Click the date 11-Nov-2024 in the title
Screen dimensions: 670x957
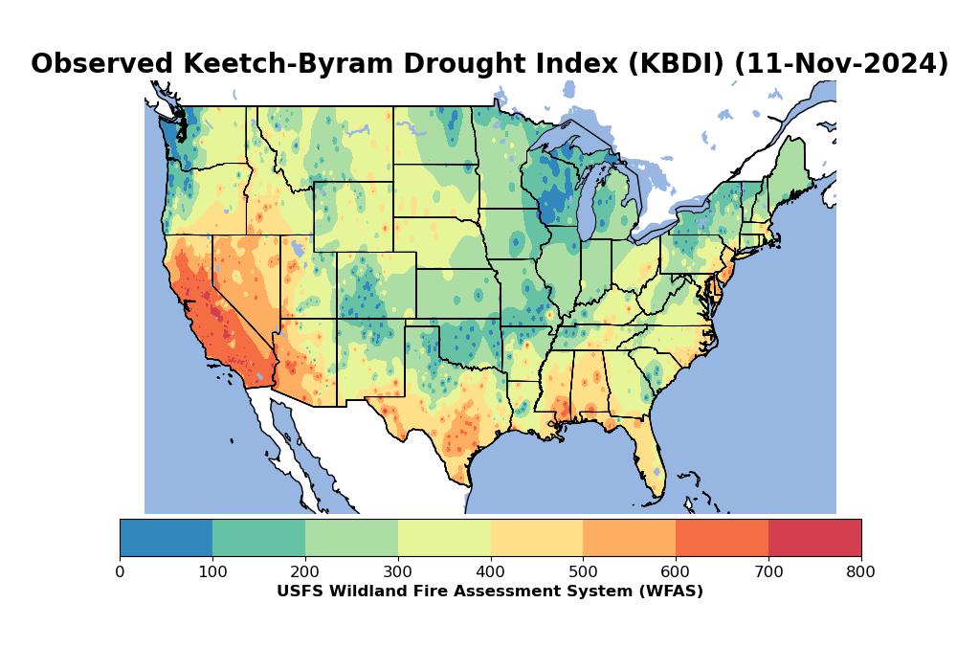[x=842, y=64]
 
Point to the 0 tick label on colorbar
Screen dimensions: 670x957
[x=120, y=572]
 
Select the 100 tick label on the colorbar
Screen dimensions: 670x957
[x=212, y=572]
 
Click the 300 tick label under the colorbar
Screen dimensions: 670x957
[x=398, y=572]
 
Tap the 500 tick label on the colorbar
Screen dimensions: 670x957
[x=583, y=572]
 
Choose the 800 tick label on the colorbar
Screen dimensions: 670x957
[x=861, y=572]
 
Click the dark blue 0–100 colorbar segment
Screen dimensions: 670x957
[x=166, y=537]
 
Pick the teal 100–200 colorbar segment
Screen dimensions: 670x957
[x=258, y=537]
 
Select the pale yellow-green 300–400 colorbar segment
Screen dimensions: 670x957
[x=444, y=537]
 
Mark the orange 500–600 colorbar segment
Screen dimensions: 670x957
[x=629, y=537]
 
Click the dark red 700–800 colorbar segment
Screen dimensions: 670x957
[x=814, y=537]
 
